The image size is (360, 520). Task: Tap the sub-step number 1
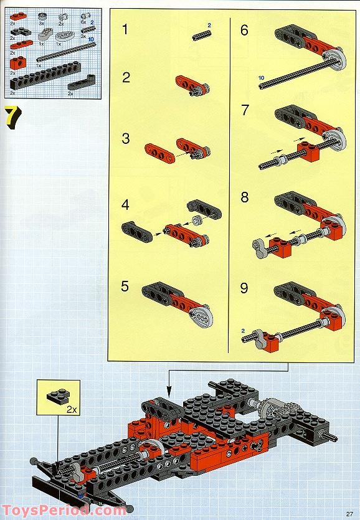point(126,29)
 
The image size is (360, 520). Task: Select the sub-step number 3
point(126,138)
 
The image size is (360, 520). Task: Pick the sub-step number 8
point(244,197)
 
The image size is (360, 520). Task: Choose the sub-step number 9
point(244,288)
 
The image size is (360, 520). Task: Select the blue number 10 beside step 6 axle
point(262,78)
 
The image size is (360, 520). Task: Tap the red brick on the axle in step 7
point(306,151)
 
